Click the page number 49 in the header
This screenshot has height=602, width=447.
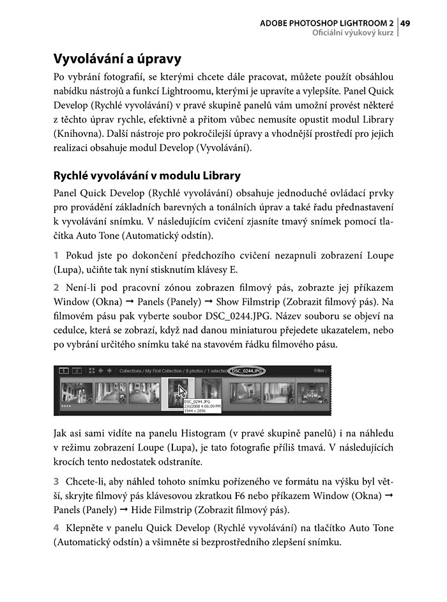pos(405,23)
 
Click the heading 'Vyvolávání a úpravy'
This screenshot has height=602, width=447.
pos(117,59)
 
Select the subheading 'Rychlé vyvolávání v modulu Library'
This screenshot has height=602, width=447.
pos(147,175)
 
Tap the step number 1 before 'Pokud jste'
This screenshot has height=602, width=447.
pos(56,256)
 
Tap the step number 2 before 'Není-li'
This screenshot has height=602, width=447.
pos(56,288)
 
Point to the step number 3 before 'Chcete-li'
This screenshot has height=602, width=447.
pos(56,481)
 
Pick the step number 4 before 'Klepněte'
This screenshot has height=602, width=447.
pos(56,528)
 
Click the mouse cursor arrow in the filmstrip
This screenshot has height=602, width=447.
pos(183,392)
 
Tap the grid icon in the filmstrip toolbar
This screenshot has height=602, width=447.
pos(91,371)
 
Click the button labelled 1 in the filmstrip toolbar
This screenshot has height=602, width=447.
pos(64,371)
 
